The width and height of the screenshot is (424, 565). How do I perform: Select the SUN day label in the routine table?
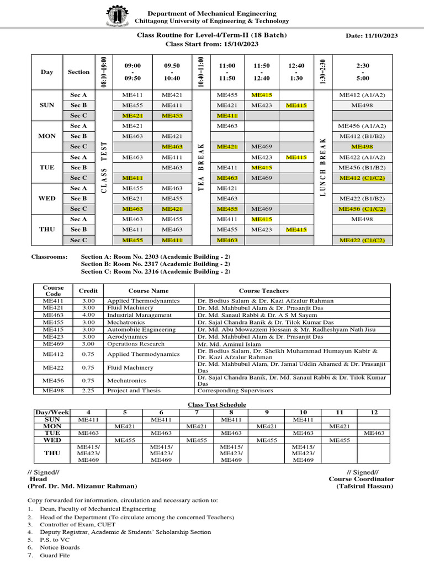coord(47,105)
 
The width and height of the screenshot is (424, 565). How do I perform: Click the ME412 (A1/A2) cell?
coord(362,95)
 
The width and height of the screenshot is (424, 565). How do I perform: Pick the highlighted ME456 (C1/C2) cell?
coord(362,209)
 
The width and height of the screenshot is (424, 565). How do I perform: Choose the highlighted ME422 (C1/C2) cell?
coord(362,240)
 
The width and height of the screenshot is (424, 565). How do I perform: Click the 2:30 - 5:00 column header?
coord(362,72)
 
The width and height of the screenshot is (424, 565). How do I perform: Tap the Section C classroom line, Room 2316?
coord(155,271)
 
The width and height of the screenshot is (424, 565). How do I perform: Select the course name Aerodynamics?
coord(128,336)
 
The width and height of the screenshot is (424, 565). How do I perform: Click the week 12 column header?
coord(374,412)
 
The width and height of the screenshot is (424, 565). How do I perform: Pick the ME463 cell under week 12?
coord(374,433)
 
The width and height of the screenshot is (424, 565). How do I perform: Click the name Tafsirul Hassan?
coord(367,486)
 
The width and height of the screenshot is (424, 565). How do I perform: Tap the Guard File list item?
coord(55,556)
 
